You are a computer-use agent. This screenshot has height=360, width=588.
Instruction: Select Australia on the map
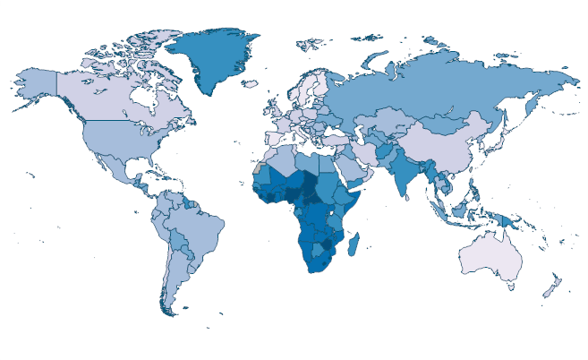pos(490,259)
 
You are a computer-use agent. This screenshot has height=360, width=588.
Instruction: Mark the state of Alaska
pos(36,84)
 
